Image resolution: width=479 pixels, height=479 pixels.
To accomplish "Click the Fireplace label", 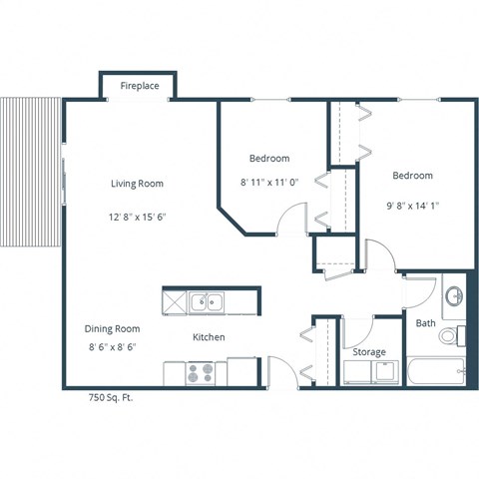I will point(140,87).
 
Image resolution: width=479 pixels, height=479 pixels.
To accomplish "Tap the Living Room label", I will point(137,184).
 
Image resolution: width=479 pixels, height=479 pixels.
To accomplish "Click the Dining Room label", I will point(112,328).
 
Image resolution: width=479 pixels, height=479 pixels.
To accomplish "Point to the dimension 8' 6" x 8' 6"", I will point(112,347).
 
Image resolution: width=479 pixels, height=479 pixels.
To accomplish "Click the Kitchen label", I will point(209,337).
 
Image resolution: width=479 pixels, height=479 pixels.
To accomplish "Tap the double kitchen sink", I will point(209,300).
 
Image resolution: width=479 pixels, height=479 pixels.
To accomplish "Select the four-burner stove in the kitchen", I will point(201,372).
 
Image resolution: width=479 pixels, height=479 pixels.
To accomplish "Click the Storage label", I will point(369,352).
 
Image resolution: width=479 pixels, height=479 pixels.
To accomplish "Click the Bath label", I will point(426,323).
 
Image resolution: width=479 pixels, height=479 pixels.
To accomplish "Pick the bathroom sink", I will point(453,296).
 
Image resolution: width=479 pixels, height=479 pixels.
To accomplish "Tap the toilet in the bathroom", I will point(451,336).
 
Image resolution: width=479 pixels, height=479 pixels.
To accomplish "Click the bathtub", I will point(436,373).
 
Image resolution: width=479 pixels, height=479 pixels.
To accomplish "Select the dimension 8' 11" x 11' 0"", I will point(269,183).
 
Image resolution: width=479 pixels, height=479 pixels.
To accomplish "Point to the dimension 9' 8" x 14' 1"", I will point(412,207).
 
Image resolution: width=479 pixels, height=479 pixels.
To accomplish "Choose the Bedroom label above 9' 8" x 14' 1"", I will point(412,176).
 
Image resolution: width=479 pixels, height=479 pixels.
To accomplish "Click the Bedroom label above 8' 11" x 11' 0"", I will point(269,159).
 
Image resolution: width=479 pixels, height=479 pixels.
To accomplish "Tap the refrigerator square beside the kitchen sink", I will point(176,300).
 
